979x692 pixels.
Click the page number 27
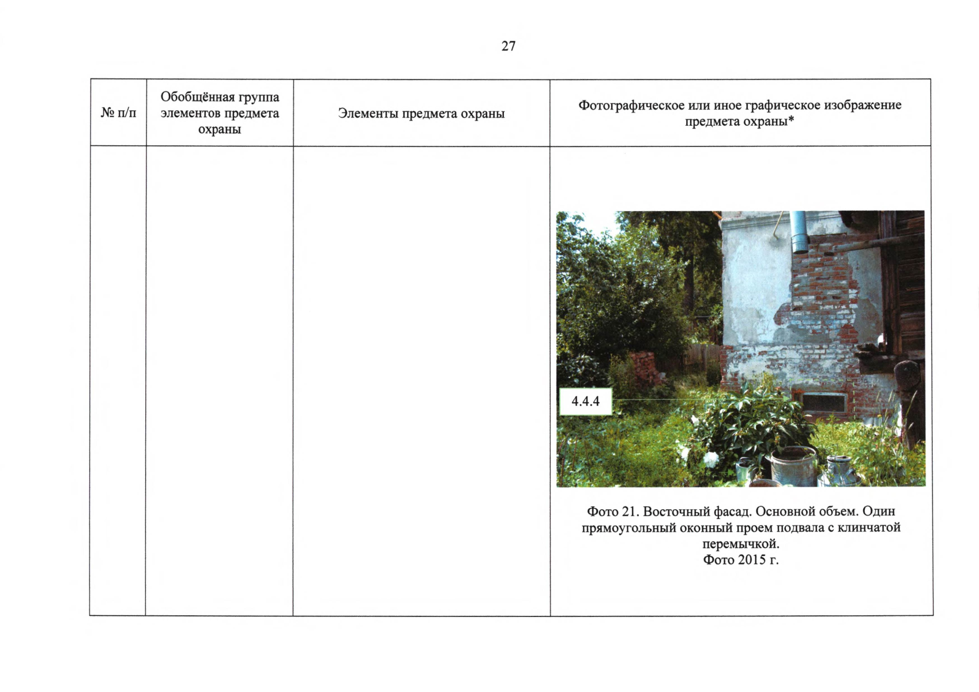coord(509,46)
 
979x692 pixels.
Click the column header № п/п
coord(118,113)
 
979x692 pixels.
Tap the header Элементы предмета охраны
coord(421,113)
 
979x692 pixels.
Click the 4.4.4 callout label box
coord(586,401)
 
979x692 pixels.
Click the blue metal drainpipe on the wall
coord(799,232)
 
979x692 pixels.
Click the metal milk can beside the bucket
coord(839,471)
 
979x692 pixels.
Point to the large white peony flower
coord(711,459)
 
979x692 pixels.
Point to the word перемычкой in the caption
coord(741,544)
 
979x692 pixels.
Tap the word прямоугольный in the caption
coord(628,528)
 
